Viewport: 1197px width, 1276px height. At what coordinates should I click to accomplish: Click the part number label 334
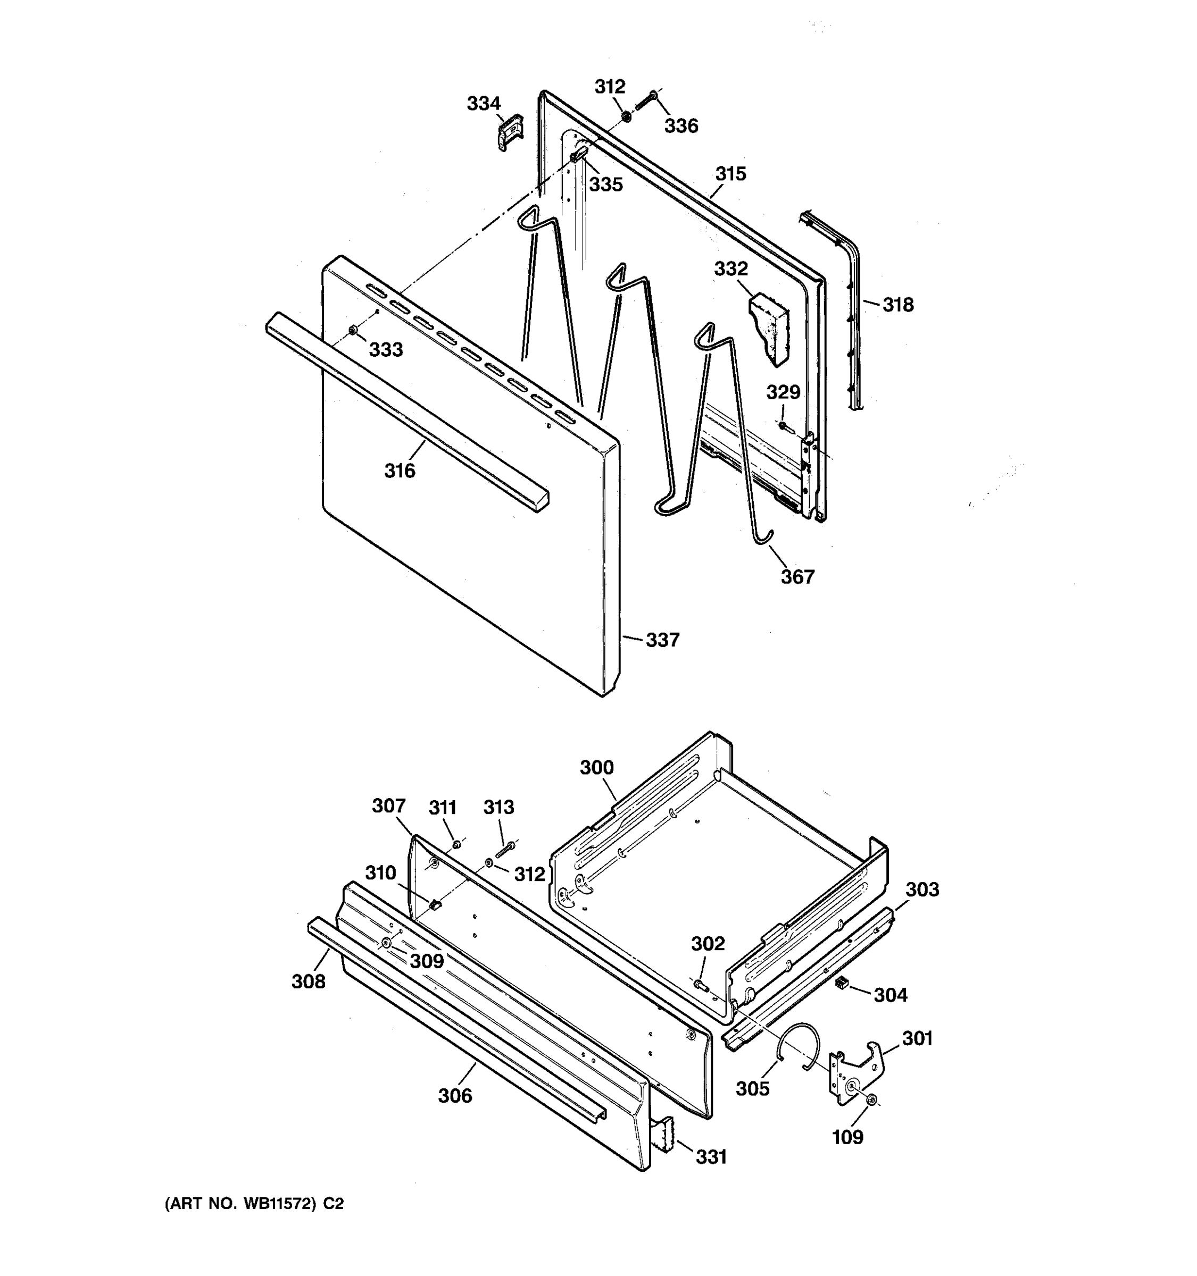pos(483,103)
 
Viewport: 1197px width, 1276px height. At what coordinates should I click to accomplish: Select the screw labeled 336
pos(647,101)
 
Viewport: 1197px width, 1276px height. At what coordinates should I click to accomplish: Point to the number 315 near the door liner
pos(731,174)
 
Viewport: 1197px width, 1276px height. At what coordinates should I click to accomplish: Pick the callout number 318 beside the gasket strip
pos(897,305)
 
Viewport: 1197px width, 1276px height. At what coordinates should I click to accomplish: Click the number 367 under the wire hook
pos(797,577)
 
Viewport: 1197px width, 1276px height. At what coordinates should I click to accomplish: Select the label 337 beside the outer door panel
pos(662,640)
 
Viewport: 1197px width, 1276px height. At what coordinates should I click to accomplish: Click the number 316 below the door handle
pos(400,471)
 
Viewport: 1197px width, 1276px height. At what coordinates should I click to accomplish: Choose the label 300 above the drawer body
pos(596,768)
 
